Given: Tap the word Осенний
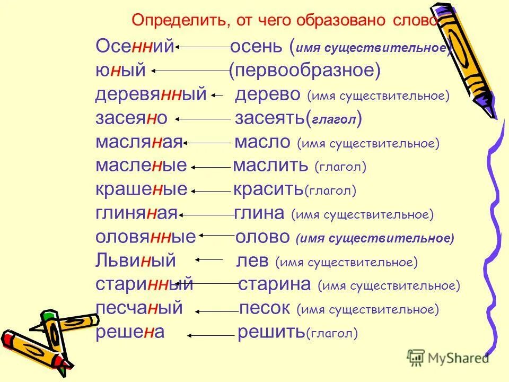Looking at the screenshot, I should click(135, 47).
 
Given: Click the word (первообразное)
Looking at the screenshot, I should click(305, 71).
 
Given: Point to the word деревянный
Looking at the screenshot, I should click(151, 95).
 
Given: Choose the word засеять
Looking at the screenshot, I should click(269, 119).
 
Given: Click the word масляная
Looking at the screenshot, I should click(139, 143).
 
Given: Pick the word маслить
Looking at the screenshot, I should click(270, 166).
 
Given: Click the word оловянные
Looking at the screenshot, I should click(146, 237).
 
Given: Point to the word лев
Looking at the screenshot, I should click(255, 261).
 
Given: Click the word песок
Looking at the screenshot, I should click(265, 308).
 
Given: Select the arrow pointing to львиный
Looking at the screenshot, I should click(209, 261).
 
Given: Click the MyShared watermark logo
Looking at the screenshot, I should click(448, 357).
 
